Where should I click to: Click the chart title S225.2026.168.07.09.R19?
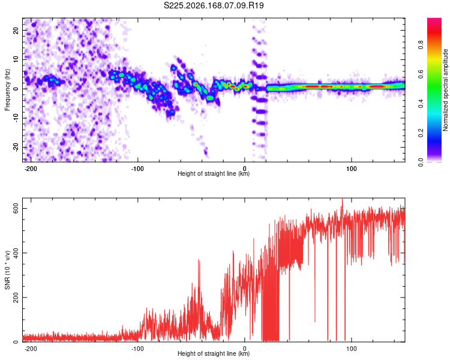coord(214,5)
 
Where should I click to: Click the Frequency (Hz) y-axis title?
coord(7,90)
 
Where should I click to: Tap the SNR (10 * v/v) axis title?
coord(7,270)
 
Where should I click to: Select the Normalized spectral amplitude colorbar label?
coord(445,90)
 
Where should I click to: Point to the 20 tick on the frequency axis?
coord(16,30)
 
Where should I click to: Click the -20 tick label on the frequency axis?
coord(16,147)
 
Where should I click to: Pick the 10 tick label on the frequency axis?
coord(16,59)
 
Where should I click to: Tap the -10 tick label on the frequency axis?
coord(16,118)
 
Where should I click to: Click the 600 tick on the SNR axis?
coord(16,208)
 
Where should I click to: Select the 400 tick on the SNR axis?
coord(16,253)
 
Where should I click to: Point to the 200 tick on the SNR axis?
coord(16,298)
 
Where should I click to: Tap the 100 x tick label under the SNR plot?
coord(351,349)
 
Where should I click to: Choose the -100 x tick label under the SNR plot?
coord(137,349)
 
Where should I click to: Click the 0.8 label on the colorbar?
coord(421,45)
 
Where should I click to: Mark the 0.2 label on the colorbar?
coord(421,133)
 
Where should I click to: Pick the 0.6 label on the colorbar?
coord(421,74)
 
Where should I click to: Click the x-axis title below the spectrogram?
coord(214,173)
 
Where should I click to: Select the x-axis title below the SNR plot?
coord(214,353)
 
